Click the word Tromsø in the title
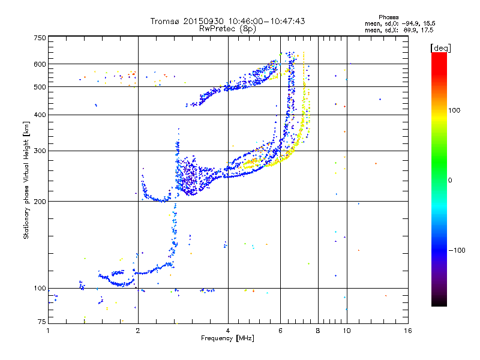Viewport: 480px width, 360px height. tap(166, 21)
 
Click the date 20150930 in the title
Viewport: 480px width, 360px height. tap(203, 21)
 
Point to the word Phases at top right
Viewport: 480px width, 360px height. tap(388, 17)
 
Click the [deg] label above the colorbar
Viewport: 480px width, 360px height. tap(440, 48)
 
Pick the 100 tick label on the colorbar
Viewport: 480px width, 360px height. tap(454, 110)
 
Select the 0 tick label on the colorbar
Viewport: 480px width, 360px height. tap(450, 180)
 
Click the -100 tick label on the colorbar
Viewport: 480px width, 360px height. tap(457, 250)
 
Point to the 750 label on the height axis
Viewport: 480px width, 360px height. tap(40, 38)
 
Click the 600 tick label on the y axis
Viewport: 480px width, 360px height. tap(40, 64)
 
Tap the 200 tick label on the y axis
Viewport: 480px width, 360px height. tap(40, 202)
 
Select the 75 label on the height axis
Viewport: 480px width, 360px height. tap(42, 322)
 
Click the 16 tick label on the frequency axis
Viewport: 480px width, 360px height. tap(408, 331)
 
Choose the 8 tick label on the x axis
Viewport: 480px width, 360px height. tap(318, 331)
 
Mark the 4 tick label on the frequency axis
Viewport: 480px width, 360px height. tap(228, 331)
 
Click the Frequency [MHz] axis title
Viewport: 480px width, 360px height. tap(227, 338)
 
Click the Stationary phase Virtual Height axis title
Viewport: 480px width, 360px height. tap(26, 180)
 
